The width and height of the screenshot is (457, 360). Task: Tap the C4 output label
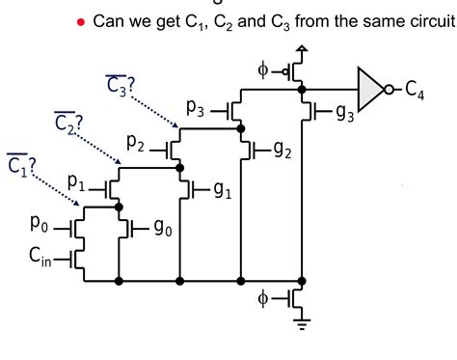(x=416, y=90)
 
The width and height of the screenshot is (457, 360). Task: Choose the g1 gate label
(x=222, y=189)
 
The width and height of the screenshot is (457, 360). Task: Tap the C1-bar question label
(x=20, y=164)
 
